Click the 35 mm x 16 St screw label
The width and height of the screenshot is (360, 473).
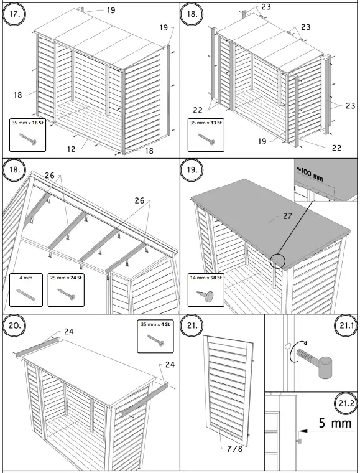coord(29,123)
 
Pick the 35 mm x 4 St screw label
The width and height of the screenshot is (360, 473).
coord(155,324)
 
